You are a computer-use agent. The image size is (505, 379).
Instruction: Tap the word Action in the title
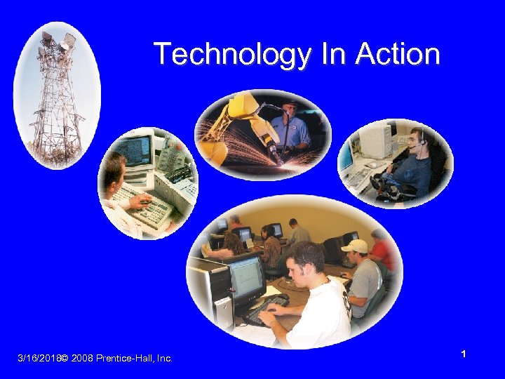(x=398, y=54)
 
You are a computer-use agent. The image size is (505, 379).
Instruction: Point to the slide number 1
(x=464, y=355)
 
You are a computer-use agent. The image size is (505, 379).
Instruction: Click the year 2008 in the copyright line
(x=82, y=359)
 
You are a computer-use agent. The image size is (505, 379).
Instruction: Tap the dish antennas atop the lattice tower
(x=58, y=42)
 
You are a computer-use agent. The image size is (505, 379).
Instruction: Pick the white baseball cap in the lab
(x=355, y=246)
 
